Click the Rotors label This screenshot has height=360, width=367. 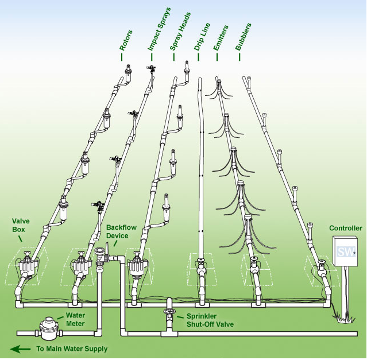point(126,40)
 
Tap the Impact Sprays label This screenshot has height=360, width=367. point(159,29)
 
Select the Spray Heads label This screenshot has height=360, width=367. point(180,31)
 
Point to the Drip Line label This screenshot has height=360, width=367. point(202,37)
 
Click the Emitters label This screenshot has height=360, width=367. point(221,38)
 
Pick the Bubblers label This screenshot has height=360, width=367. point(243,37)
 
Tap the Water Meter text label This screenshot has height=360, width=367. point(75,320)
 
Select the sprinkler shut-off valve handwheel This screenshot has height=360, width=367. point(169,311)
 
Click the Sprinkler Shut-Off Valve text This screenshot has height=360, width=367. point(210,320)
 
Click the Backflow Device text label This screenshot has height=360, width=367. point(121,231)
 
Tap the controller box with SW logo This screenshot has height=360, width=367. point(345,251)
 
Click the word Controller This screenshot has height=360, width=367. point(346,228)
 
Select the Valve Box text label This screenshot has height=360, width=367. point(21,225)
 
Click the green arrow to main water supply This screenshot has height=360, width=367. point(20,349)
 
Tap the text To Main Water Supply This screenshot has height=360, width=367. point(72,349)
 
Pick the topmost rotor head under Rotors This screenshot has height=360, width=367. point(128,73)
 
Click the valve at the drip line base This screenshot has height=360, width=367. point(201,267)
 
